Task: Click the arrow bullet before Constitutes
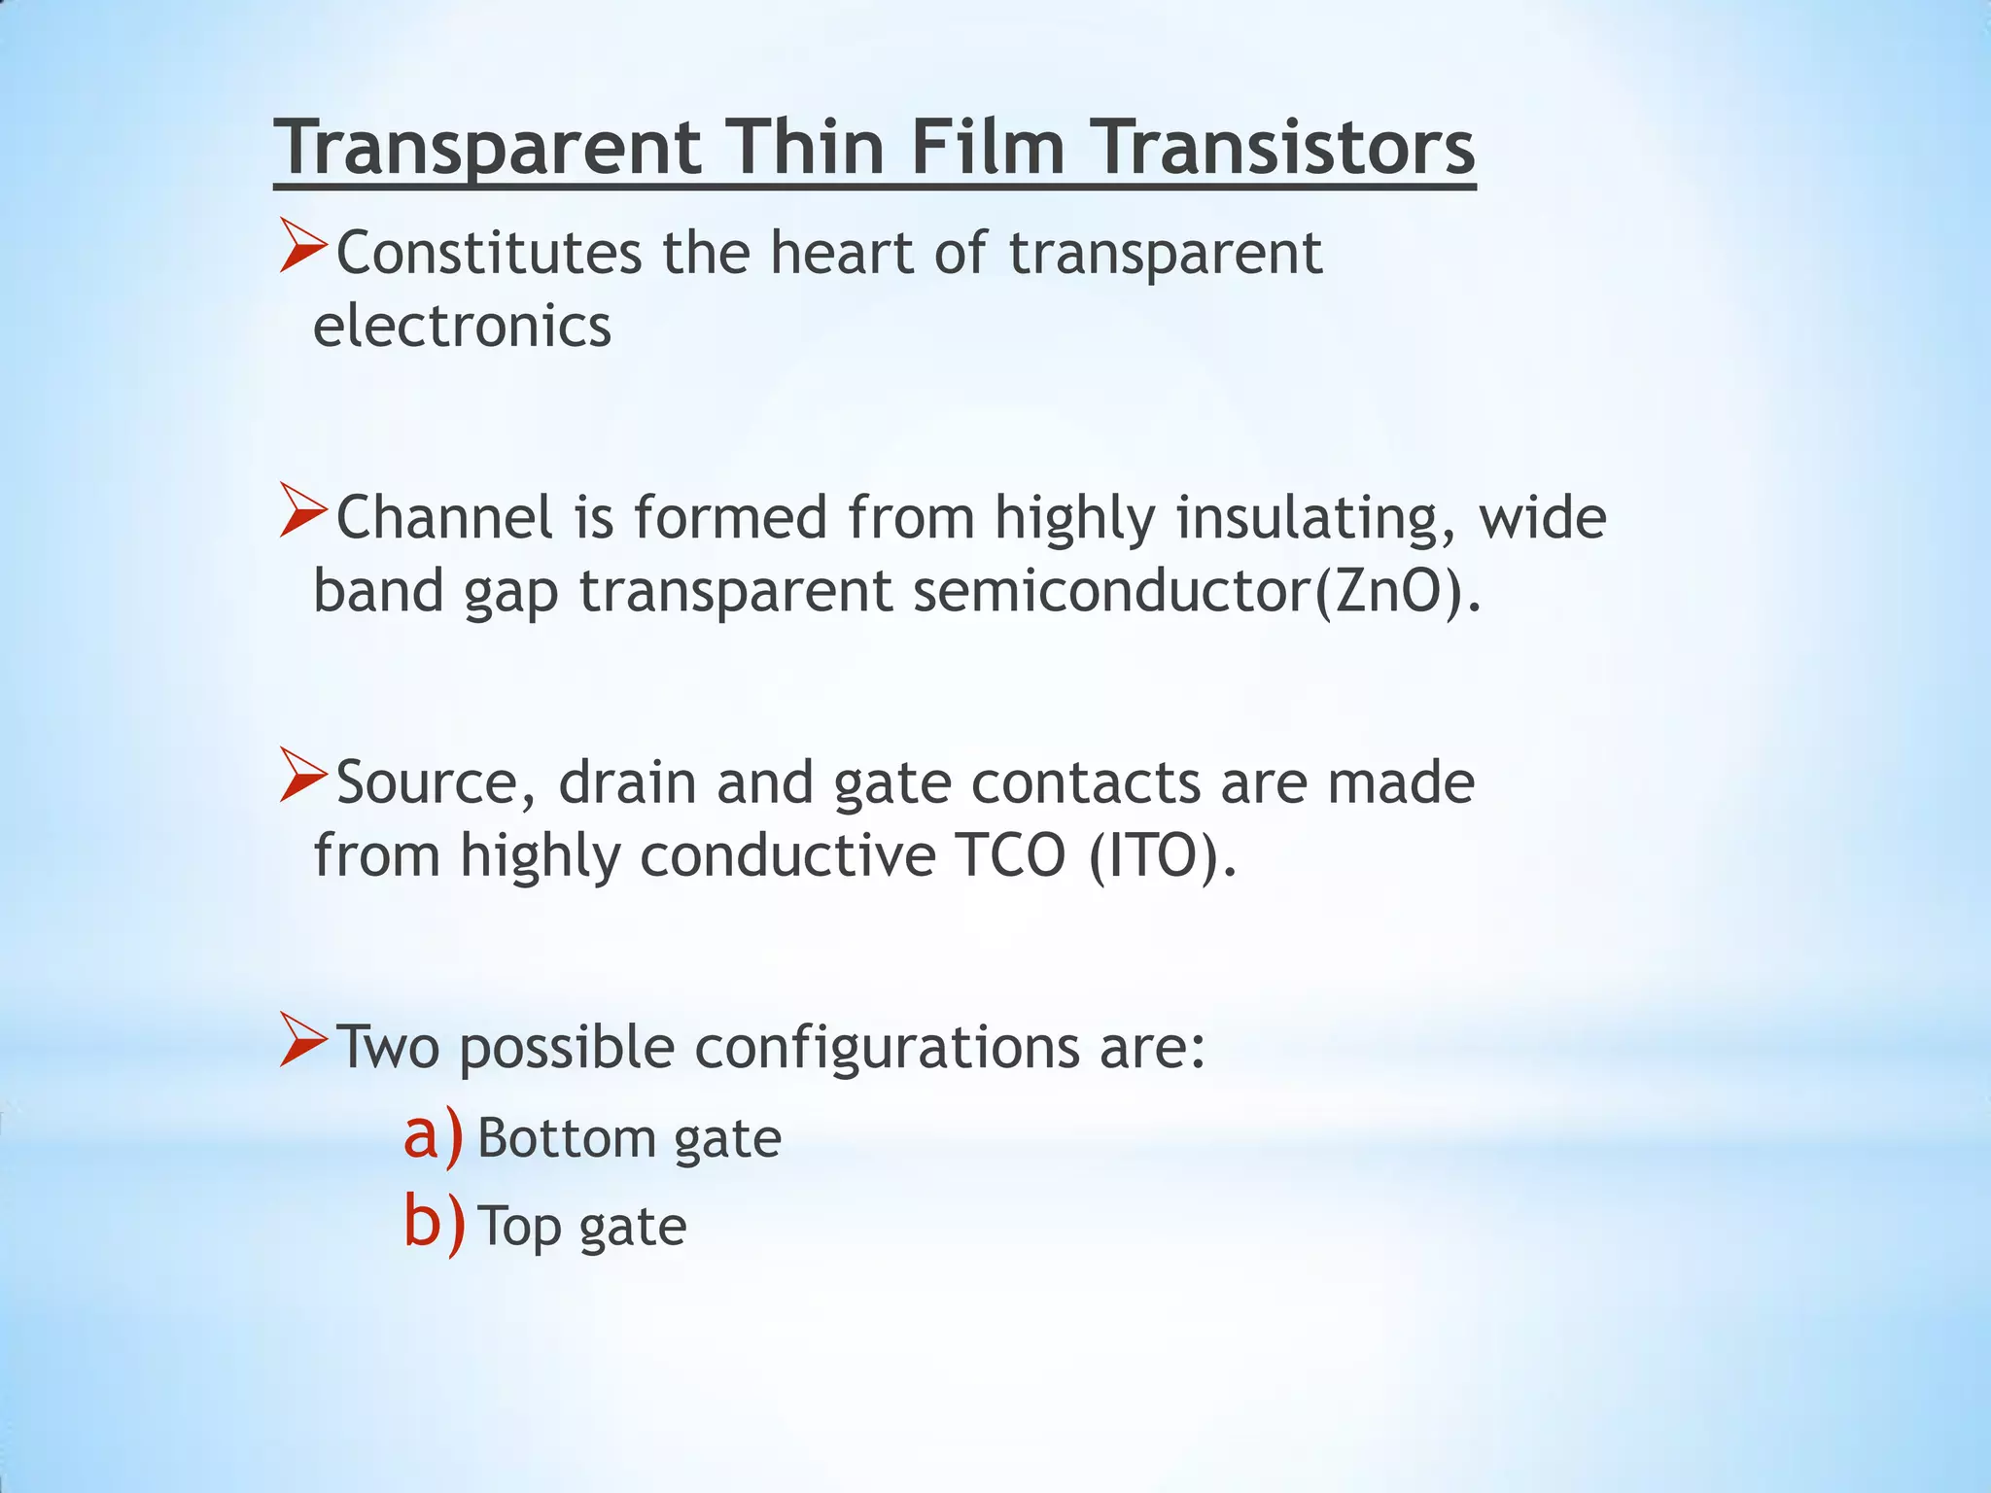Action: [x=303, y=246]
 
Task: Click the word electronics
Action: [x=462, y=326]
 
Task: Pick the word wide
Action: [x=1543, y=517]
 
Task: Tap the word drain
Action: [x=627, y=782]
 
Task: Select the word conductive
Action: [x=787, y=856]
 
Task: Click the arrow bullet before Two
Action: [x=303, y=1040]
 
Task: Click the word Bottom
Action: [x=565, y=1138]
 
